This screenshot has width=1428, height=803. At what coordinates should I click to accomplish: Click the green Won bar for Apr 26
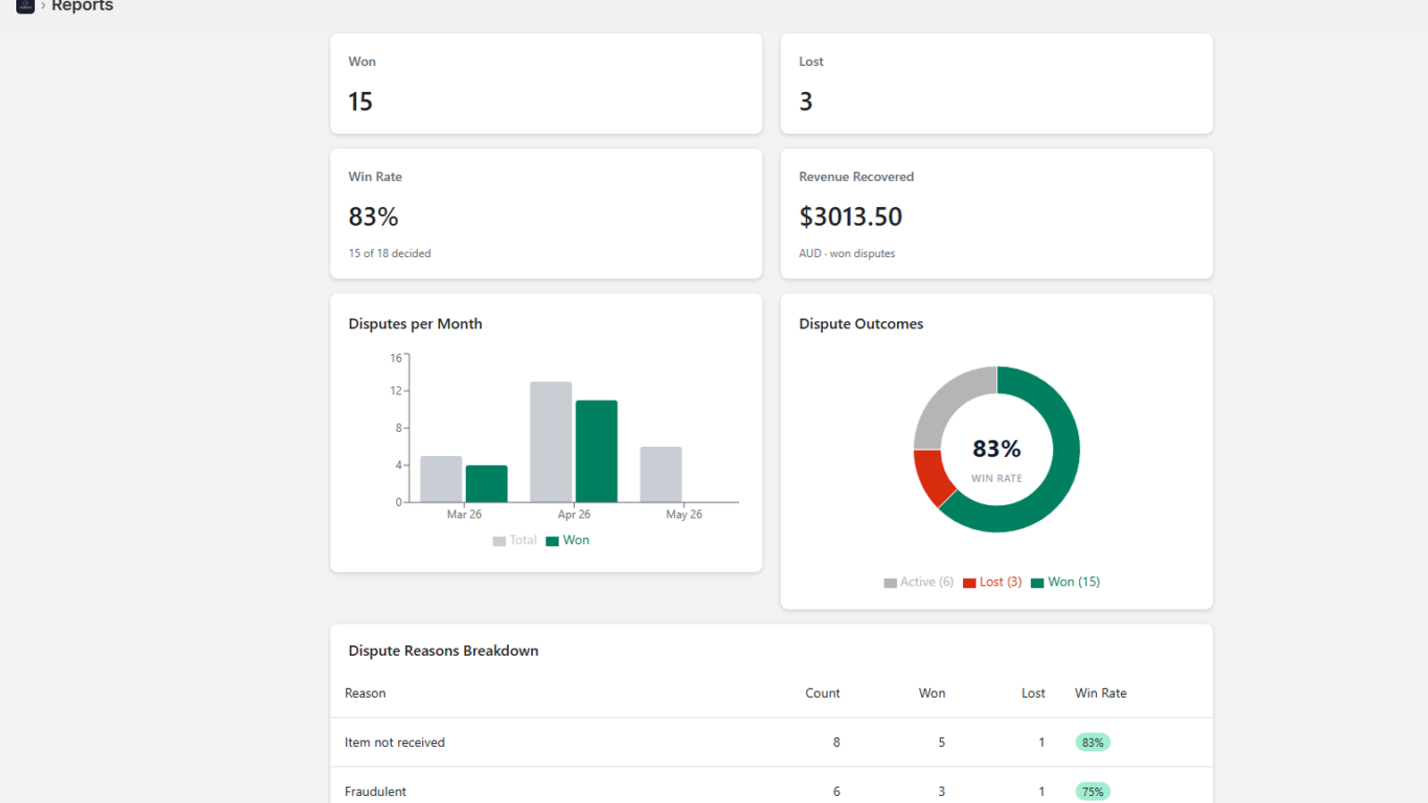(596, 451)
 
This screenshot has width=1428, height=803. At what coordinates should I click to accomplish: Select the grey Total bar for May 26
(660, 474)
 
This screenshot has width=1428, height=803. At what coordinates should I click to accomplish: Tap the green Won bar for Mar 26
(486, 484)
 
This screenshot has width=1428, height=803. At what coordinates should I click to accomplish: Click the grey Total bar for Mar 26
(441, 478)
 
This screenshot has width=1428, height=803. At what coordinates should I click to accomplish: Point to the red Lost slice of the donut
(932, 476)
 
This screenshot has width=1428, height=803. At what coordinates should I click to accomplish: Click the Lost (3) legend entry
(992, 582)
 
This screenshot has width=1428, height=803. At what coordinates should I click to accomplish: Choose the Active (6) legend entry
(918, 582)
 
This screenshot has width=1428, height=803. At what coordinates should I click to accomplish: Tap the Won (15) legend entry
(1066, 582)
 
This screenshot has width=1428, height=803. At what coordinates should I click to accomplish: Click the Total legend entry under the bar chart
(514, 541)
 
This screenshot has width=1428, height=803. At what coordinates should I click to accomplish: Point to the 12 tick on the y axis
(396, 391)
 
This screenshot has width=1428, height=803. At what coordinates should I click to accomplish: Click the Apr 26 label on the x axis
(574, 514)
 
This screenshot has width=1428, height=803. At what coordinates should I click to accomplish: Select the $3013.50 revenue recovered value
(851, 217)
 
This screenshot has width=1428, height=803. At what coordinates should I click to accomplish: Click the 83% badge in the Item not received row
(1092, 742)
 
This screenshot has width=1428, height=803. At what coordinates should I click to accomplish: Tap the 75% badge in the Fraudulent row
(1092, 791)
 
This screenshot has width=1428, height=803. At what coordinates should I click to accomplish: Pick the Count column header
(822, 692)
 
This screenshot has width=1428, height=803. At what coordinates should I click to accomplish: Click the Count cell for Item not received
(836, 742)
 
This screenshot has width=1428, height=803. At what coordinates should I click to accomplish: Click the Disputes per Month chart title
(415, 324)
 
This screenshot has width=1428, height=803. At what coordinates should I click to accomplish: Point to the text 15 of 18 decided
(389, 253)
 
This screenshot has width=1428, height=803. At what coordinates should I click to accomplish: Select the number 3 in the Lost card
(806, 102)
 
